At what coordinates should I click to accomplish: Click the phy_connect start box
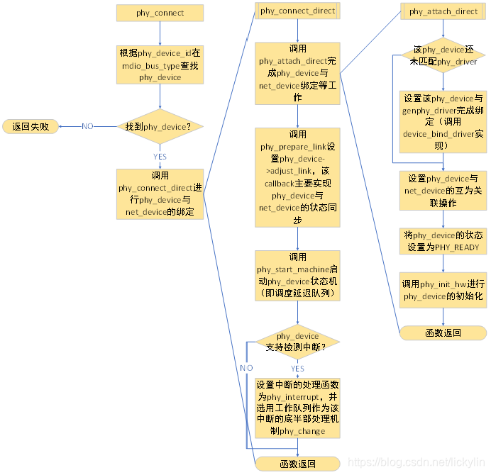click(x=160, y=13)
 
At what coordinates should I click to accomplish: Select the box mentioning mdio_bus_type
click(x=160, y=65)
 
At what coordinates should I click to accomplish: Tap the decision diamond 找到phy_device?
click(x=160, y=126)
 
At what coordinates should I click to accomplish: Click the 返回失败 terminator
click(x=31, y=126)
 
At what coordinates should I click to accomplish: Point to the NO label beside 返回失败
click(x=87, y=126)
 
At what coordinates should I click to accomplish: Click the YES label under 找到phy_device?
click(x=160, y=156)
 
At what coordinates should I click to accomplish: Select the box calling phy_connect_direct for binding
click(x=160, y=193)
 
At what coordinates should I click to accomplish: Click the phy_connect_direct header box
click(x=297, y=11)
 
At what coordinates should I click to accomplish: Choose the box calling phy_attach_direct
click(x=297, y=74)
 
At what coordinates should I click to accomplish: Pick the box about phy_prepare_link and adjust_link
click(x=297, y=177)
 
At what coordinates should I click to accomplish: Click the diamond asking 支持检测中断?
click(x=297, y=341)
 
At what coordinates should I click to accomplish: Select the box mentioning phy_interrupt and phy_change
click(x=297, y=406)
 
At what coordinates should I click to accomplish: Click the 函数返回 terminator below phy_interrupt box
click(x=297, y=464)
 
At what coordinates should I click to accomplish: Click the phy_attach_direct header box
click(x=443, y=11)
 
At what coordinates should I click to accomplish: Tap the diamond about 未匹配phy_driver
click(x=443, y=56)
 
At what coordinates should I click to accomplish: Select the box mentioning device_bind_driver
click(x=443, y=121)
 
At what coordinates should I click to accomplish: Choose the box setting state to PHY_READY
click(x=443, y=241)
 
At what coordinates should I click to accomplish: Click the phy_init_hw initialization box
click(x=443, y=290)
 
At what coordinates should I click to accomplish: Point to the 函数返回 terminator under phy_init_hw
click(x=443, y=332)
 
